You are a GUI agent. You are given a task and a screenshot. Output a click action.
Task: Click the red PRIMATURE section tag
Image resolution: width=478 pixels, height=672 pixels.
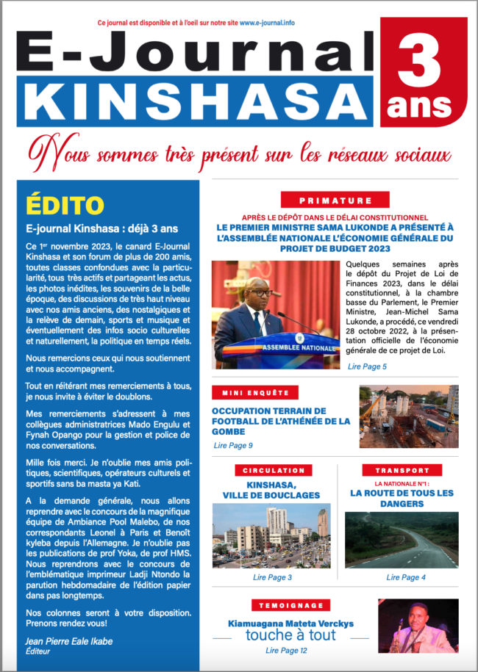pos(335,200)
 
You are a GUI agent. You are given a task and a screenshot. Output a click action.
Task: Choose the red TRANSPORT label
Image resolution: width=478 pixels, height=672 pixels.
pos(402,470)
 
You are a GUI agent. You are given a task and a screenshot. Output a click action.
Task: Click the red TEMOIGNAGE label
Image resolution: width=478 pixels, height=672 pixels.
pos(288,605)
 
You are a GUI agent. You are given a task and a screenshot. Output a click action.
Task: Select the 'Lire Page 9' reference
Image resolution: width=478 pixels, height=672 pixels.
pos(233,445)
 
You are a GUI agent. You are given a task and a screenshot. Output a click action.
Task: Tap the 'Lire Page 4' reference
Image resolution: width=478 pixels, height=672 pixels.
pos(402,578)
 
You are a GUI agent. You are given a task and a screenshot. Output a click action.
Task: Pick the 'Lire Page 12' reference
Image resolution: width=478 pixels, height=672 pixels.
pos(286,651)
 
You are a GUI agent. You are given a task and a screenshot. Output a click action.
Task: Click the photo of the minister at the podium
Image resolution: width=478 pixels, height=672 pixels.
pos(276,314)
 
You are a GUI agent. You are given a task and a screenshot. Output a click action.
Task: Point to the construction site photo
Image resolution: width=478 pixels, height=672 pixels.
pos(408,416)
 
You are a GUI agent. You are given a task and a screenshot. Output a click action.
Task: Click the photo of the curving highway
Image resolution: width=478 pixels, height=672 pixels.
pos(402,540)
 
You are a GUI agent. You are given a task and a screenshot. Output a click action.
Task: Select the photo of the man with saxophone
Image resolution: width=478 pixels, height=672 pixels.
pos(418,626)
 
